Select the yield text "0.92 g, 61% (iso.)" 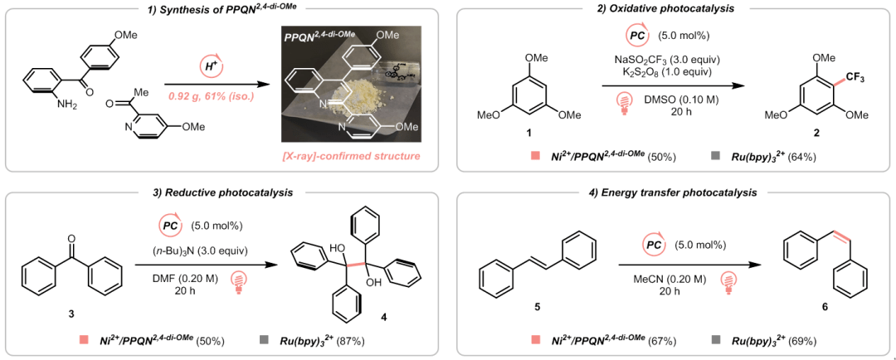tap(212, 96)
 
